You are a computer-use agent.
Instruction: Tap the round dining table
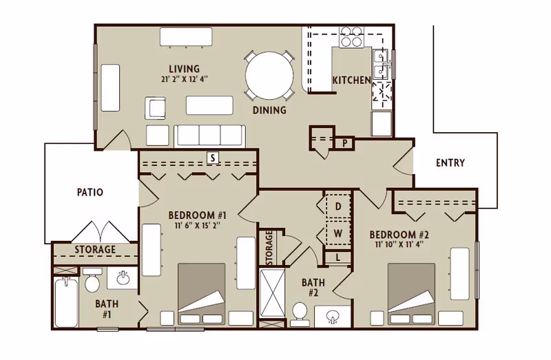[269, 76]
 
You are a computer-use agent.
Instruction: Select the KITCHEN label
[352, 80]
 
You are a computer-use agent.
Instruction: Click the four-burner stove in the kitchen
[351, 36]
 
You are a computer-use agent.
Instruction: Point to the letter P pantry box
[345, 143]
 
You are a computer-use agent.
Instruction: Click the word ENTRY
[450, 162]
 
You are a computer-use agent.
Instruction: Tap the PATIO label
[90, 192]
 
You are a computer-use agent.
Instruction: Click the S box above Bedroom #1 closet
[213, 158]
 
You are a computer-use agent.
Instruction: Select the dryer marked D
[338, 206]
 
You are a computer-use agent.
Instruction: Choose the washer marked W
[338, 233]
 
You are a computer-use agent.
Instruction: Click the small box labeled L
[337, 257]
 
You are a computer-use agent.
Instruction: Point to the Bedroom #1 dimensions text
[197, 226]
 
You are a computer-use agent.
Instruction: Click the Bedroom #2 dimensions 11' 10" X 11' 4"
[399, 244]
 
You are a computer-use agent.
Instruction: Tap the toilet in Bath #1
[92, 280]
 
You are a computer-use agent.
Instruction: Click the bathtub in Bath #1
[66, 302]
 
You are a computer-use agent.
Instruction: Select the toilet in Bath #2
[300, 313]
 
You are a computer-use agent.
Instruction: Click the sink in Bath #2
[332, 315]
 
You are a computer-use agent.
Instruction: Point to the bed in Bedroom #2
[411, 294]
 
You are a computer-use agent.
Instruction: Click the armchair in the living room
[155, 109]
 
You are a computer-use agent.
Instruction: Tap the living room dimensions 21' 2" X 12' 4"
[185, 79]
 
